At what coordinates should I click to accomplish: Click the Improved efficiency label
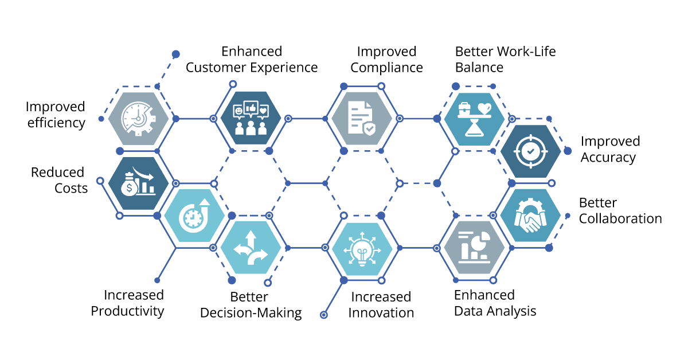(56, 115)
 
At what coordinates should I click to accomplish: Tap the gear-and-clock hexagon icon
(138, 119)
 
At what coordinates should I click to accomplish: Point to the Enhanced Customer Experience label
(252, 60)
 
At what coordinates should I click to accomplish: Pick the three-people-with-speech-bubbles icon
(251, 119)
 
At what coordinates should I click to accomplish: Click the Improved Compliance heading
(387, 60)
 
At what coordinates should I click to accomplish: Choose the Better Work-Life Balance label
(505, 60)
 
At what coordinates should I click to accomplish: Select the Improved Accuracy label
(610, 149)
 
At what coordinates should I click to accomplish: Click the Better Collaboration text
(620, 211)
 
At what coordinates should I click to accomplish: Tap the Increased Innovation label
(381, 305)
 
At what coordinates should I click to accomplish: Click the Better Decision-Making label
(250, 305)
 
